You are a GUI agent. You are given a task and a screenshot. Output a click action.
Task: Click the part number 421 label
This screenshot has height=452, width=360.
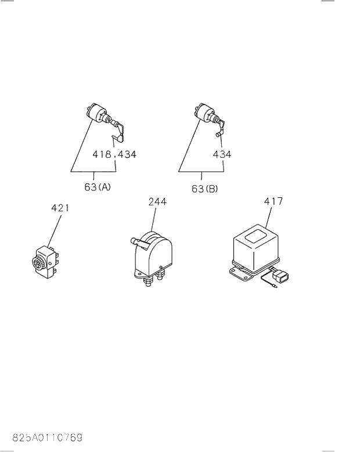point(60,208)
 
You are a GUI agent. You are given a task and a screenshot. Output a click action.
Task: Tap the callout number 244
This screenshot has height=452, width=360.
point(157,201)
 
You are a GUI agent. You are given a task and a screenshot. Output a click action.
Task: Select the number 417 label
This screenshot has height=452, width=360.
point(273,201)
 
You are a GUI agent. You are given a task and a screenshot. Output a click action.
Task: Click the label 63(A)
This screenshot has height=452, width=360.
point(98,188)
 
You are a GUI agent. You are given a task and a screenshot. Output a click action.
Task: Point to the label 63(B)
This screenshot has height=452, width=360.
point(204,188)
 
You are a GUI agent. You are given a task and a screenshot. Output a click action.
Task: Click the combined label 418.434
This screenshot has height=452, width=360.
point(114,154)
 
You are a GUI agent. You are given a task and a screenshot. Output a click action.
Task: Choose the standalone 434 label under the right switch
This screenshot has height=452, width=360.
point(221,154)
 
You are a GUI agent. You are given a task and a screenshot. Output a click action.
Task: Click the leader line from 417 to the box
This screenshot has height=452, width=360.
point(268,217)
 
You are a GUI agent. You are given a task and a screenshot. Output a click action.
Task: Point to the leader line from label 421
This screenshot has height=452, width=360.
point(53,230)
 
